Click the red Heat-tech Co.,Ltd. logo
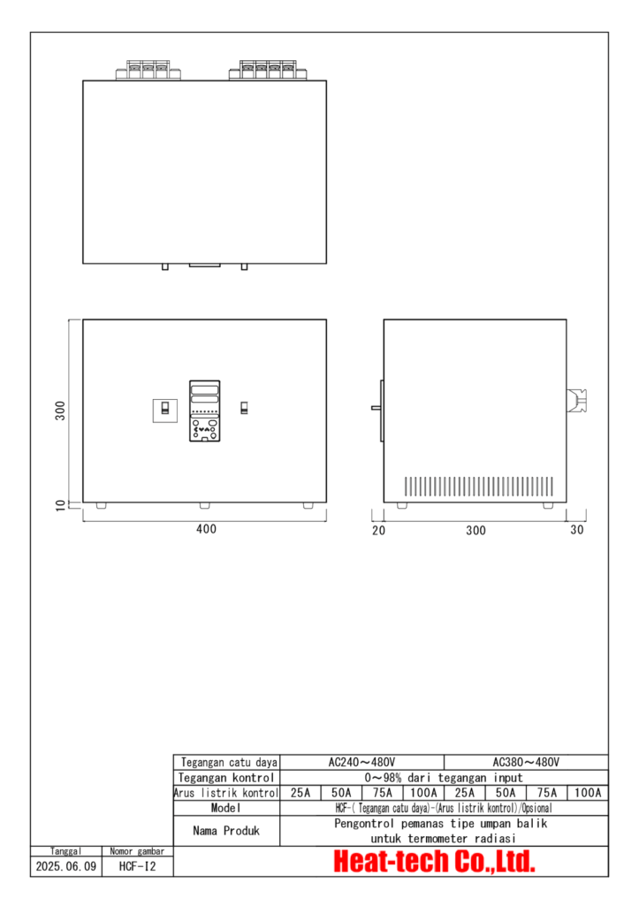coord(434,862)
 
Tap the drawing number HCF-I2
coord(137,867)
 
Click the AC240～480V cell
coord(361,762)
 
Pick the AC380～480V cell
coord(526,762)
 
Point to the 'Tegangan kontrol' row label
coord(226,778)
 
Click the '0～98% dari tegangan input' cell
coord(444,778)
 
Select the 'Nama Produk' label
coord(226,831)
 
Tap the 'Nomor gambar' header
coord(137,851)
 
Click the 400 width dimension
coord(205,530)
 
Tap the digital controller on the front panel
coord(204,411)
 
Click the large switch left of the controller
coord(164,409)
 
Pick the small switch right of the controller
coord(245,408)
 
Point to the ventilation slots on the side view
coord(478,486)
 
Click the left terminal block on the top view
coord(148,69)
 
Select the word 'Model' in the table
coord(226,809)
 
